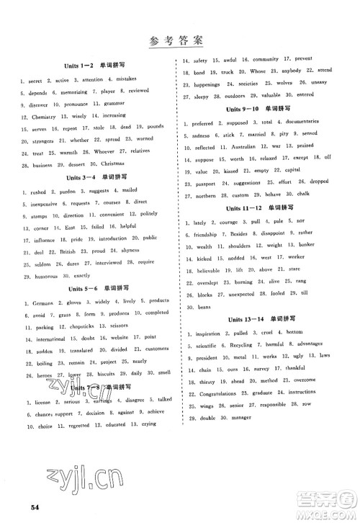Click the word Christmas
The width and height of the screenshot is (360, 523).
(x=150, y=164)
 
